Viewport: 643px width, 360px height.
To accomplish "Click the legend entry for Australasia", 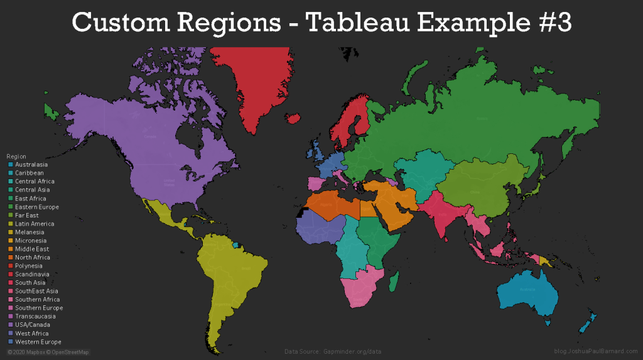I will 31,165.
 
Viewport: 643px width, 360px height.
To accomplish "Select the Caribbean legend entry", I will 30,173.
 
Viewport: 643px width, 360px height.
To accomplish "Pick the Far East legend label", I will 27,215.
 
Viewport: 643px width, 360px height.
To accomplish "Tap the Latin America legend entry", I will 35,224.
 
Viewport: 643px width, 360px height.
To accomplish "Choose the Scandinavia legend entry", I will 33,275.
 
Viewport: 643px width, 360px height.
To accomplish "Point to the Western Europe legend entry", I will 38,342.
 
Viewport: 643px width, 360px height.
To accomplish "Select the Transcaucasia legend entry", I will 35,317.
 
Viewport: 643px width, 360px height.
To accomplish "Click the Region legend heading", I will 16,156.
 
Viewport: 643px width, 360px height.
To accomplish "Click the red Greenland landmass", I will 257,88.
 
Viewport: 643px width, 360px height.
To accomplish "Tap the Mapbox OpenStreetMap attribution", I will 48,352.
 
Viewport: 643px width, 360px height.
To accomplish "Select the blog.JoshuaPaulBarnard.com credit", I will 596,352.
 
